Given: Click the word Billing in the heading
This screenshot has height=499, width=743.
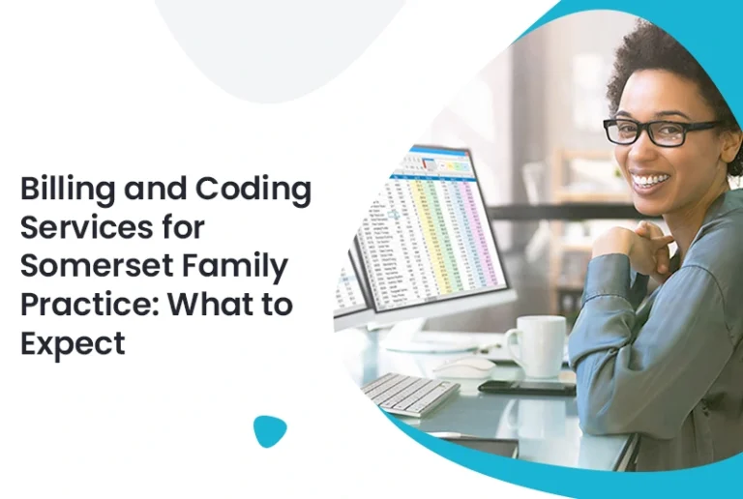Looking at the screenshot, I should coord(66,189).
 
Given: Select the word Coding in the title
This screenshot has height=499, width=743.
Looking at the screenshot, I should coord(255,189).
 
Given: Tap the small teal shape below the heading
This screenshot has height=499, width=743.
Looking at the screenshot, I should coord(270,430).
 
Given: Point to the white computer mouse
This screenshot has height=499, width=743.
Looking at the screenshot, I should coord(462,367).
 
